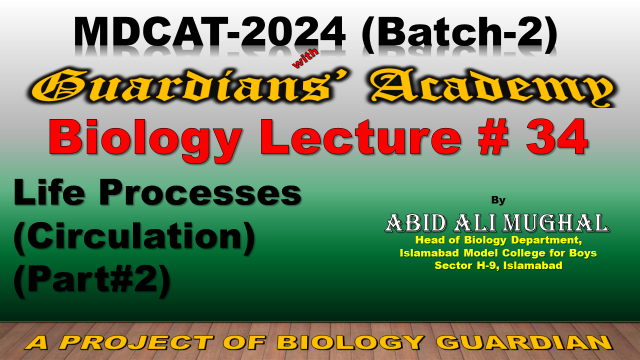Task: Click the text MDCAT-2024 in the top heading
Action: [x=210, y=33]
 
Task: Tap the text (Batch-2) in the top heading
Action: [x=459, y=34]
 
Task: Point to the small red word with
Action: [x=305, y=58]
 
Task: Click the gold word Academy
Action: [x=492, y=88]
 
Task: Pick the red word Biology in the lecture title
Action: [x=145, y=139]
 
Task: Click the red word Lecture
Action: [x=363, y=137]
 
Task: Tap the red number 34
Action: [x=558, y=137]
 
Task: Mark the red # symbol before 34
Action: [x=493, y=137]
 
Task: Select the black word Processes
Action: [x=200, y=193]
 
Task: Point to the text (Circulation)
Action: [x=134, y=238]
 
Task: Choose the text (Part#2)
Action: [x=92, y=280]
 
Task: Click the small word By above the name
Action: [x=498, y=200]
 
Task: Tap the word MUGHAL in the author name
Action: [x=555, y=223]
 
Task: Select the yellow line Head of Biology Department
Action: [x=498, y=240]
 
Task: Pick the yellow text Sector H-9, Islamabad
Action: [x=498, y=265]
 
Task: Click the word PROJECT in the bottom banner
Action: [x=137, y=342]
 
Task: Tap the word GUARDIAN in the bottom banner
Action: [x=524, y=342]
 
